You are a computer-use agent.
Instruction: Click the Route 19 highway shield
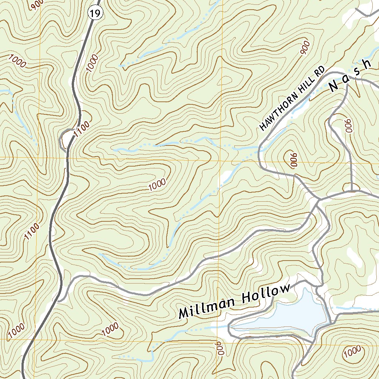pyautogui.click(x=95, y=14)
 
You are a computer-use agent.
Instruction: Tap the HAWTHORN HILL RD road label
pyautogui.click(x=292, y=98)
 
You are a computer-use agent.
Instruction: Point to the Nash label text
pyautogui.click(x=350, y=76)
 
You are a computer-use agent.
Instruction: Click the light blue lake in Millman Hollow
pyautogui.click(x=296, y=315)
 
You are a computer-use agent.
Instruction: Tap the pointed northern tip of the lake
pyautogui.click(x=305, y=289)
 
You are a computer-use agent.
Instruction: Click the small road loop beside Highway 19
pyautogui.click(x=67, y=139)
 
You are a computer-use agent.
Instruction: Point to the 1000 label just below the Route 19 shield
pyautogui.click(x=92, y=63)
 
